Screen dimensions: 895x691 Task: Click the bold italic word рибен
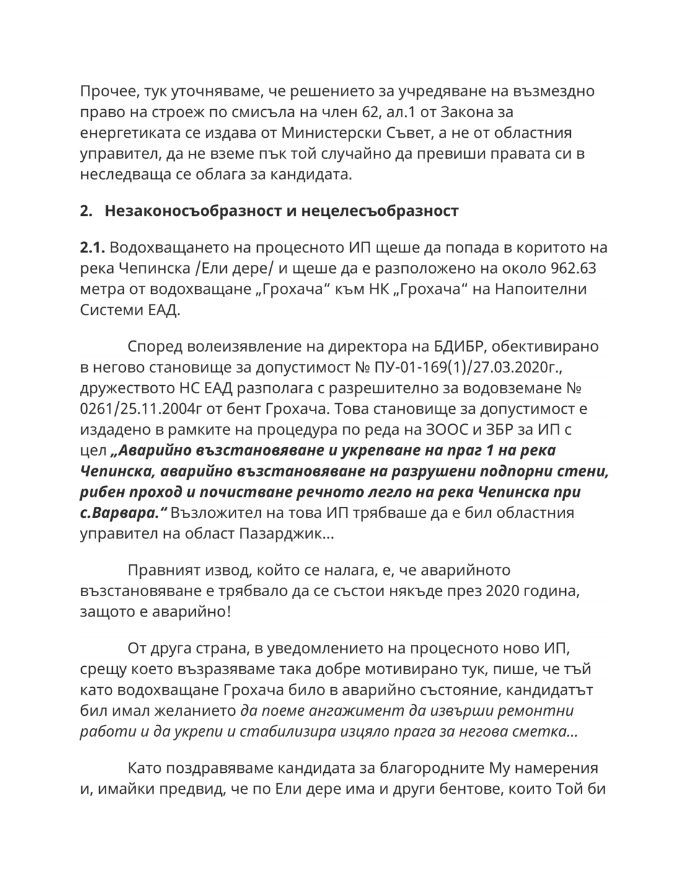tap(103, 492)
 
